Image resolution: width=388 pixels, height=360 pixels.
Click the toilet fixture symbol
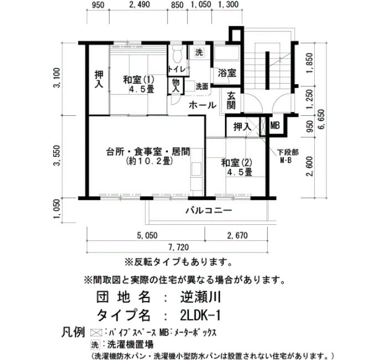coord(177,54)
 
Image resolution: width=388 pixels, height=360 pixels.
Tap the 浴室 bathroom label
coord(227,73)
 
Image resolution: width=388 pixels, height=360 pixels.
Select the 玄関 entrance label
coord(231,101)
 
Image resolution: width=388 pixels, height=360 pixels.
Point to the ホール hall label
coord(202,105)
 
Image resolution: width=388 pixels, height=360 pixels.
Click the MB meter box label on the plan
coord(275,126)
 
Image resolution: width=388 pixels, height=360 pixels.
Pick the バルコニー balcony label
coord(209,210)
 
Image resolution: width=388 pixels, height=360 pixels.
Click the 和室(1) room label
coord(139,80)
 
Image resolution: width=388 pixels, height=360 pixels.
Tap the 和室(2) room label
coord(236,163)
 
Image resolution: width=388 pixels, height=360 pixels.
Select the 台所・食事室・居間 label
coord(148,152)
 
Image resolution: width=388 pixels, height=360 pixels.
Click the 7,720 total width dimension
coord(178,247)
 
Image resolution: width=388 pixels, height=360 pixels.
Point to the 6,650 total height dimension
coord(321,120)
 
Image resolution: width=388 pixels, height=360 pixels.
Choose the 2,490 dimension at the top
coord(140,4)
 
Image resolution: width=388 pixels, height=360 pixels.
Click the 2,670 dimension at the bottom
coord(237,235)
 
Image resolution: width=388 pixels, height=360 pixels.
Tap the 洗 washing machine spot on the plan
coord(199,53)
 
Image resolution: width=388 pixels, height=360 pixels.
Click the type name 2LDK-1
coord(200,316)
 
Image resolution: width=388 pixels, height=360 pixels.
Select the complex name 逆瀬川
coord(200,297)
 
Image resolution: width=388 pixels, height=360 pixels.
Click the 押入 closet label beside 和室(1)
coord(99,79)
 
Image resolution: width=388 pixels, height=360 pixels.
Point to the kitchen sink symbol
coord(196,169)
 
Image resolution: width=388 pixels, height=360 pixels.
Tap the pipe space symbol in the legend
coord(96,333)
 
